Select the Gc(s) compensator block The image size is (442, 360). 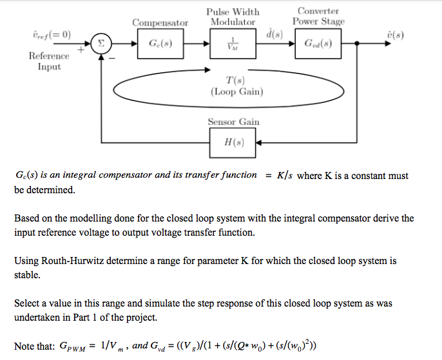(160, 44)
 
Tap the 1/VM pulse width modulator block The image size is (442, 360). (233, 44)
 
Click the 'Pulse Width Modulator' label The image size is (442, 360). (233, 17)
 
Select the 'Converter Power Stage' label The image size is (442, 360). (318, 16)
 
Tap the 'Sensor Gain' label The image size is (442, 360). (233, 122)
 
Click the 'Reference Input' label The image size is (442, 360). (49, 62)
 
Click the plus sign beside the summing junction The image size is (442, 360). (82, 49)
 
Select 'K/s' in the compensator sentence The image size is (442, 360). (283, 176)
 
